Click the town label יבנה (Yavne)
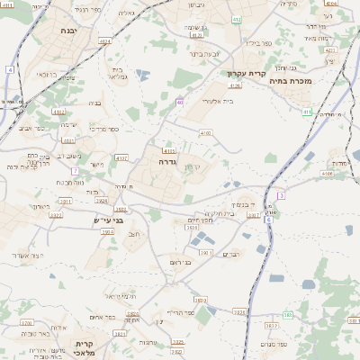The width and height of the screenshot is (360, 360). (x=67, y=31)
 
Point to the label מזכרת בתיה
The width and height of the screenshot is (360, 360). (x=316, y=82)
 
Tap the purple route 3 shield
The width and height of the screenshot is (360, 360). (x=281, y=195)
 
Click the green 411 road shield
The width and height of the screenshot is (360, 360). (x=307, y=112)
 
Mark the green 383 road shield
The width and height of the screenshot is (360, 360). (x=287, y=314)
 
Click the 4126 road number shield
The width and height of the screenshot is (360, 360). (x=236, y=85)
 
